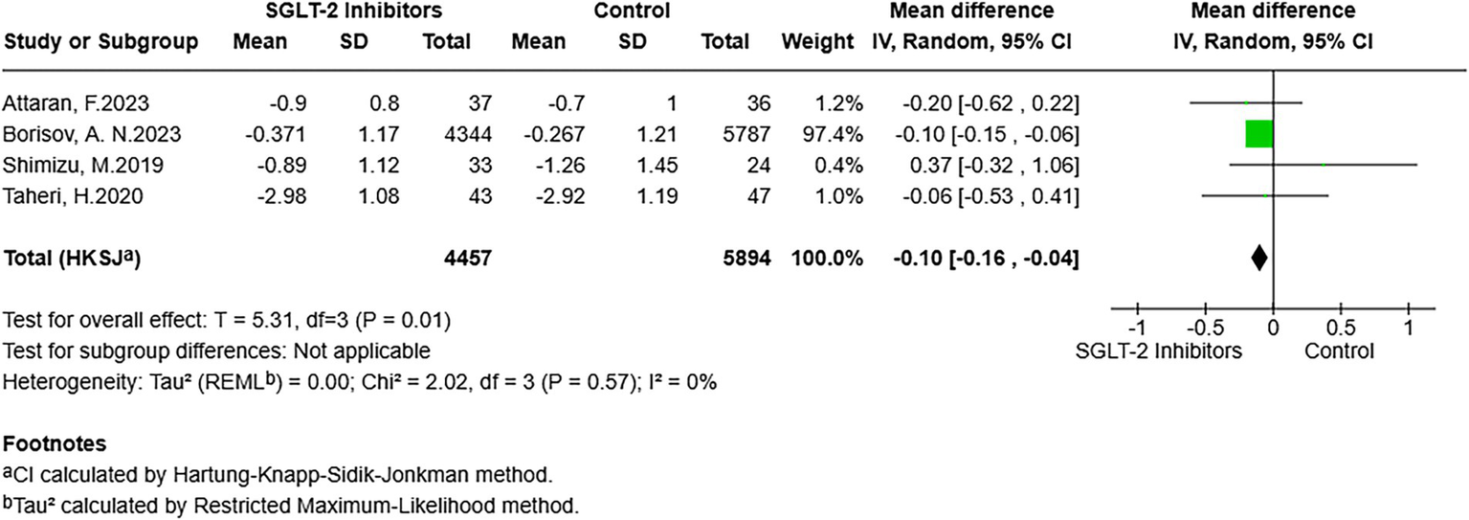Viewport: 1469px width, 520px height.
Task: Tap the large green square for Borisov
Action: tap(1259, 134)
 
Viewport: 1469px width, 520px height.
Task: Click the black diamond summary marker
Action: tap(1259, 258)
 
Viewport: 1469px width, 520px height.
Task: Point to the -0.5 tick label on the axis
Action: tap(1204, 329)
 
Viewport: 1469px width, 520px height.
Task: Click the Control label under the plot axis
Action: tap(1339, 350)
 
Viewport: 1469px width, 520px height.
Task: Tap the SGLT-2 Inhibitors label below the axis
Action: tap(1159, 350)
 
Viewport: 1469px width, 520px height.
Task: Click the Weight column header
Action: tap(816, 42)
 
